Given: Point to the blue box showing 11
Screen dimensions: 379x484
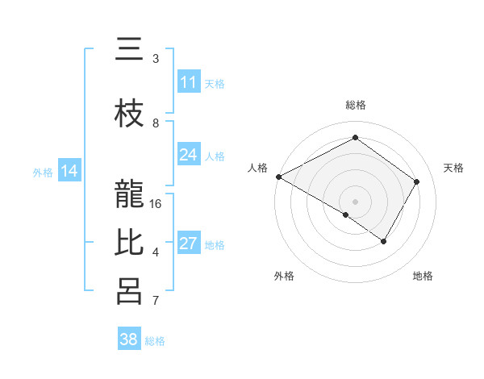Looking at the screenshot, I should point(189,82).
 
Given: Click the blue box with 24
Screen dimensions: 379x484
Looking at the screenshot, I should point(189,155).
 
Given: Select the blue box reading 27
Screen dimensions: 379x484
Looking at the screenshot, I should point(189,244).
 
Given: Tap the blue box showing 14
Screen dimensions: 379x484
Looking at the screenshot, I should point(69,171).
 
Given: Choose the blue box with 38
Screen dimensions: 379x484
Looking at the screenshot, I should point(129,339).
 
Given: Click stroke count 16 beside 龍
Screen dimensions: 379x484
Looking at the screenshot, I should point(156,204).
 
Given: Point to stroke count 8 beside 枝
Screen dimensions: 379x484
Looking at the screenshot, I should point(156,123).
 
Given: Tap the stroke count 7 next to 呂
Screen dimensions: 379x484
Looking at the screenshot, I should point(156,301).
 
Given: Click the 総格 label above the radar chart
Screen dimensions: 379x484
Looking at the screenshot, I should point(355,105).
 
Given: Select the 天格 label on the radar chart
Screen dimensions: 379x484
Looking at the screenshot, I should point(454,168).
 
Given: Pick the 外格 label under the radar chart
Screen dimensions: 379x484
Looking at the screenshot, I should point(284,277).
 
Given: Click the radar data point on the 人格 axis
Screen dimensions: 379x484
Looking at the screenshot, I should point(278,177).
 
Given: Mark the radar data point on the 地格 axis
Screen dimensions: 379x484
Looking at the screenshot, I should point(384,241).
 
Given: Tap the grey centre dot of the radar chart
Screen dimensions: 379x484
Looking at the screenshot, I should point(355,201).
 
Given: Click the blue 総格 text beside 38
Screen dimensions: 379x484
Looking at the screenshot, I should point(155,341).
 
